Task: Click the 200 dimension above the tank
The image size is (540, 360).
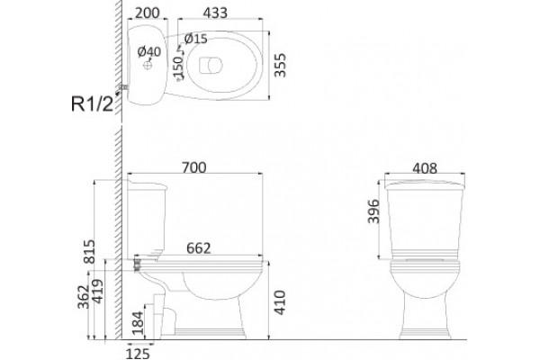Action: click(148, 13)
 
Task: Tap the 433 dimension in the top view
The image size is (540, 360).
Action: click(215, 13)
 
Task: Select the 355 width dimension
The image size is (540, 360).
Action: click(280, 65)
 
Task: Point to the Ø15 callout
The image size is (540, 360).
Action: click(196, 39)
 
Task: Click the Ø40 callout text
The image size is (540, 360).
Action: click(149, 51)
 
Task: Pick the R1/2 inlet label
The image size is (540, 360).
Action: click(92, 103)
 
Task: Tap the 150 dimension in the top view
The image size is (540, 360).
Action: click(178, 67)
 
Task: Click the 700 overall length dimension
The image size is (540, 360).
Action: click(194, 167)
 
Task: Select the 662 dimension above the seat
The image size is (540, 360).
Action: click(199, 248)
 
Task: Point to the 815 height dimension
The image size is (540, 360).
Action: click(89, 251)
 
